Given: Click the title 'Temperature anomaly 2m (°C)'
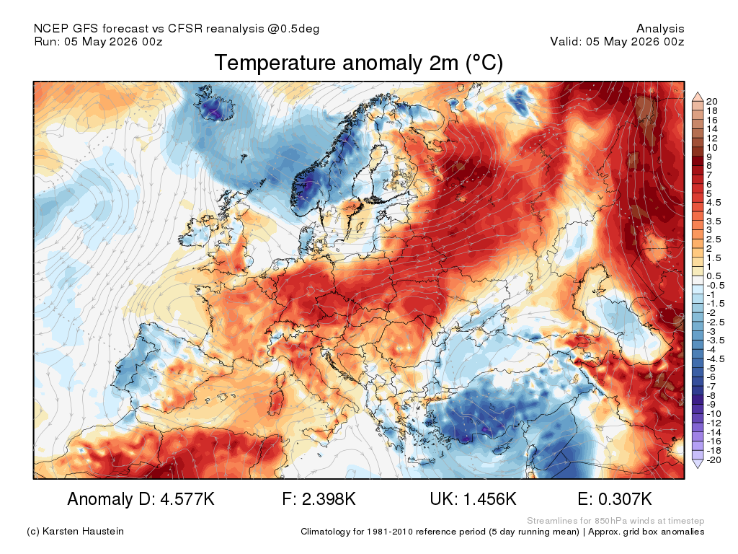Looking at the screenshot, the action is (x=359, y=63).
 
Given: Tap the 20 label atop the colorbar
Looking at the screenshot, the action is (x=711, y=101).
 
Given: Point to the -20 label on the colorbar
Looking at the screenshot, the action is (x=713, y=460).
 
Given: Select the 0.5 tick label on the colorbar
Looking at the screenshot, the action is (x=713, y=276).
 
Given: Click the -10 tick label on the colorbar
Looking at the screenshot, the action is (x=713, y=413).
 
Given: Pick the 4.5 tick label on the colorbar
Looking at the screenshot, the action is (x=713, y=203).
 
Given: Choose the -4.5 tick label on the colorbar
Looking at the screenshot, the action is (x=716, y=359).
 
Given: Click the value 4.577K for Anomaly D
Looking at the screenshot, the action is (x=187, y=499).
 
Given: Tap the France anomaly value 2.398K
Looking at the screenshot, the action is (x=329, y=499).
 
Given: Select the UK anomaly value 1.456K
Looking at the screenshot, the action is (x=489, y=499).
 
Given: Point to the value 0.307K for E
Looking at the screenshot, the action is (x=625, y=499).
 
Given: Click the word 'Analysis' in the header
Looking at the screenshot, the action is (x=660, y=29).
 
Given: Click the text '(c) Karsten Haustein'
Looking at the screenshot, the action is (x=75, y=532).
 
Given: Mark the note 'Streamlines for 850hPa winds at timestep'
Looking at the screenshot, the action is (x=615, y=521).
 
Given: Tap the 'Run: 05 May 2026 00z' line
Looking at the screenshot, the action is (x=98, y=41).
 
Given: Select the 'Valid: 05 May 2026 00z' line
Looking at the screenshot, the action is (x=617, y=41).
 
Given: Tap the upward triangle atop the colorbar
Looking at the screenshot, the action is (x=698, y=97).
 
